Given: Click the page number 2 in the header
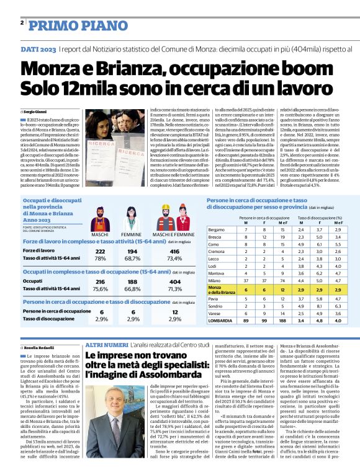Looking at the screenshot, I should [22, 23].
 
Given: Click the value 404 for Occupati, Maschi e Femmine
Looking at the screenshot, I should [175, 282].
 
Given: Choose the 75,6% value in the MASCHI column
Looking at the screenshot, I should [100, 289].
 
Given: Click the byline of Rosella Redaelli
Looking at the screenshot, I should [40, 348].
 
